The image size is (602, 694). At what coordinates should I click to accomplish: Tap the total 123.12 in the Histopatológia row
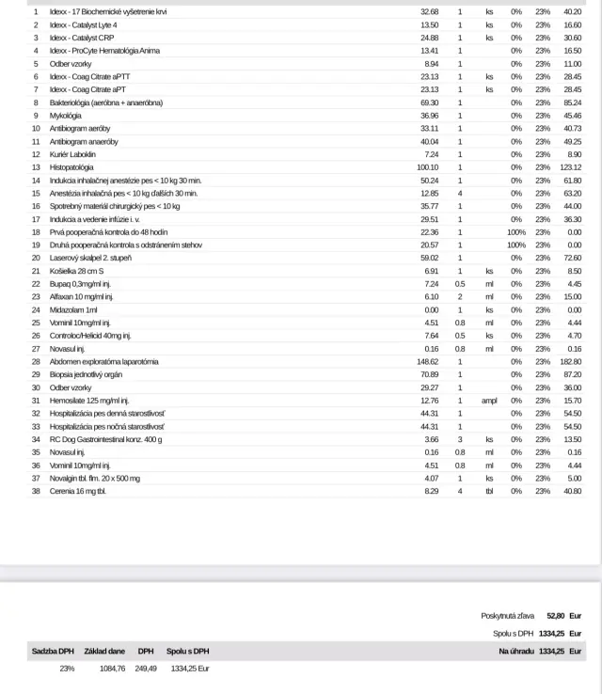click(x=570, y=166)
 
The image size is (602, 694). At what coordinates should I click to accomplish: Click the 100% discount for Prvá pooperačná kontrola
click(x=515, y=231)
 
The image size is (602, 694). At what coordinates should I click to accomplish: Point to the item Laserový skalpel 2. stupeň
click(x=90, y=257)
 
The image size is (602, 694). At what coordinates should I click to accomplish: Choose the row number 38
click(x=36, y=490)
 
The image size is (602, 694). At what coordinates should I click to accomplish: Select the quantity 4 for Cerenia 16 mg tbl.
click(x=460, y=490)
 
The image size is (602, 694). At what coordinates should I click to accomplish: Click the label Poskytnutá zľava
click(x=508, y=615)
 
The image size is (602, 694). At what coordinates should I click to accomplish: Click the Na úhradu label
click(x=516, y=651)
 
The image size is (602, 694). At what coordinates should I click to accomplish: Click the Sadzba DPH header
click(x=53, y=651)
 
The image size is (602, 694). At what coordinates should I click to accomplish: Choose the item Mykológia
click(x=67, y=115)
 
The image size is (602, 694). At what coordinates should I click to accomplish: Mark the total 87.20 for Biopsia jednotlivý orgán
click(x=571, y=373)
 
